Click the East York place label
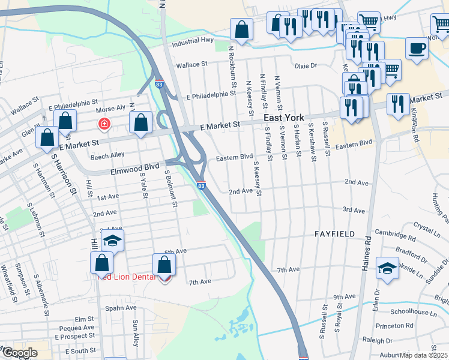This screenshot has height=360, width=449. tap(285, 118)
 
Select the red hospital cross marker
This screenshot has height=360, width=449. tap(104, 124)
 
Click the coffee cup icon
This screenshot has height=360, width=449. tap(417, 48)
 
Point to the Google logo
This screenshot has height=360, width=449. tap(19, 353)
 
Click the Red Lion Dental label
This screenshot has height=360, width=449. tap(127, 277)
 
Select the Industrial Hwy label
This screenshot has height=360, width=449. tap(193, 43)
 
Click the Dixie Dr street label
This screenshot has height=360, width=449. tap(305, 65)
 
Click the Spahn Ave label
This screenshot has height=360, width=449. tap(121, 308)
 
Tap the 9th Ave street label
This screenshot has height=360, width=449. tap(345, 297)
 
